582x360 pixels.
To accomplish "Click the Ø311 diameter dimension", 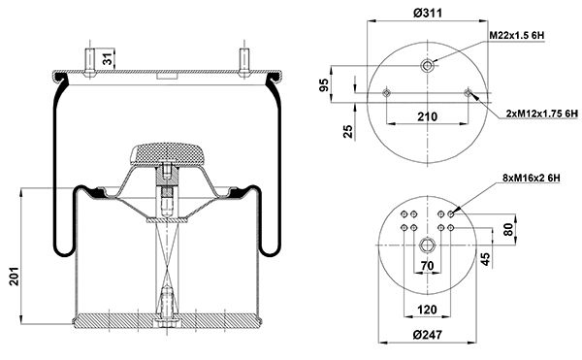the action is pos(427,14).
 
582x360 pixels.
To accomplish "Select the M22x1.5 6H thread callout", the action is pos(517,36).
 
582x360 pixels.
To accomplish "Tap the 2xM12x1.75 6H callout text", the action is pos(542,114).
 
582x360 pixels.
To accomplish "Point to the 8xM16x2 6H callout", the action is pos(532,179).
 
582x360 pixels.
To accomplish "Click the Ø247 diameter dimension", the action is pos(427,335).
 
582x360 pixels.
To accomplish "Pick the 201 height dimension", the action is pos(15,276).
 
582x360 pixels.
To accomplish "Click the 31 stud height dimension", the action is pos(108,58).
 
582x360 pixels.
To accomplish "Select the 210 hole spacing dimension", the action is pos(427,116).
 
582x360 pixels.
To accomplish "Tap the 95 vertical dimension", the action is pos(324,85).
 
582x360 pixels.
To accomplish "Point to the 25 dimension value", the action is pos(348,131).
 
